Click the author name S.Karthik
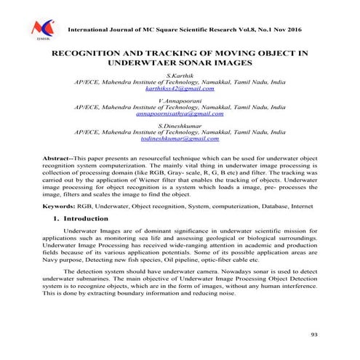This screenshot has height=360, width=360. tap(180, 75)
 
